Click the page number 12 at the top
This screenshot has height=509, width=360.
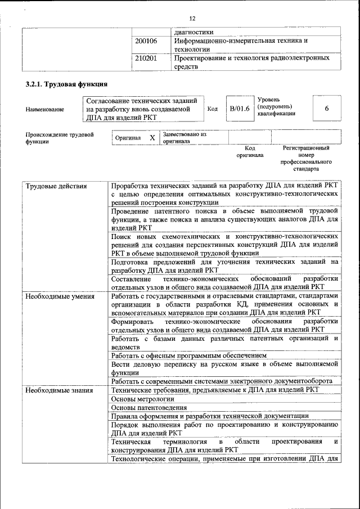click(x=192, y=18)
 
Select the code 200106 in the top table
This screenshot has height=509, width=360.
click(x=146, y=41)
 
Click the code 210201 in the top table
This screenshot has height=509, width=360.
click(x=146, y=58)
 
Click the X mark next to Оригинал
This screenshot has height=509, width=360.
click(x=152, y=138)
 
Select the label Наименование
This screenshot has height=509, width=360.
click(x=44, y=110)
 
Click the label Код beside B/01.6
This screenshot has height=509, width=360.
click(x=212, y=109)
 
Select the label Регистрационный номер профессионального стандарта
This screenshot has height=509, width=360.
click(x=305, y=158)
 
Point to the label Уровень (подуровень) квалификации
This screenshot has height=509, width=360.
click(x=276, y=106)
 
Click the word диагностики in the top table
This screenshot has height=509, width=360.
click(x=194, y=32)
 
